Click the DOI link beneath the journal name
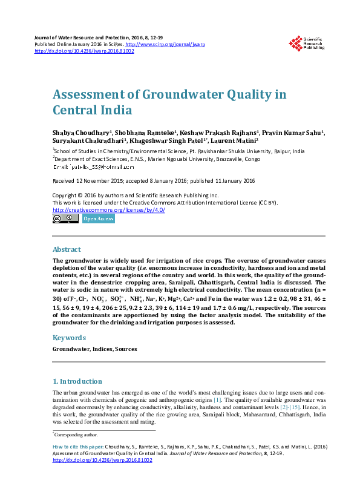84,51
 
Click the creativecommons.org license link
109,210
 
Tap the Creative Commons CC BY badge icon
65,219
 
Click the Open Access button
98,219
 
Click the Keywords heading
69,338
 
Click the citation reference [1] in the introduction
217,399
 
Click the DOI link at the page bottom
102,461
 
